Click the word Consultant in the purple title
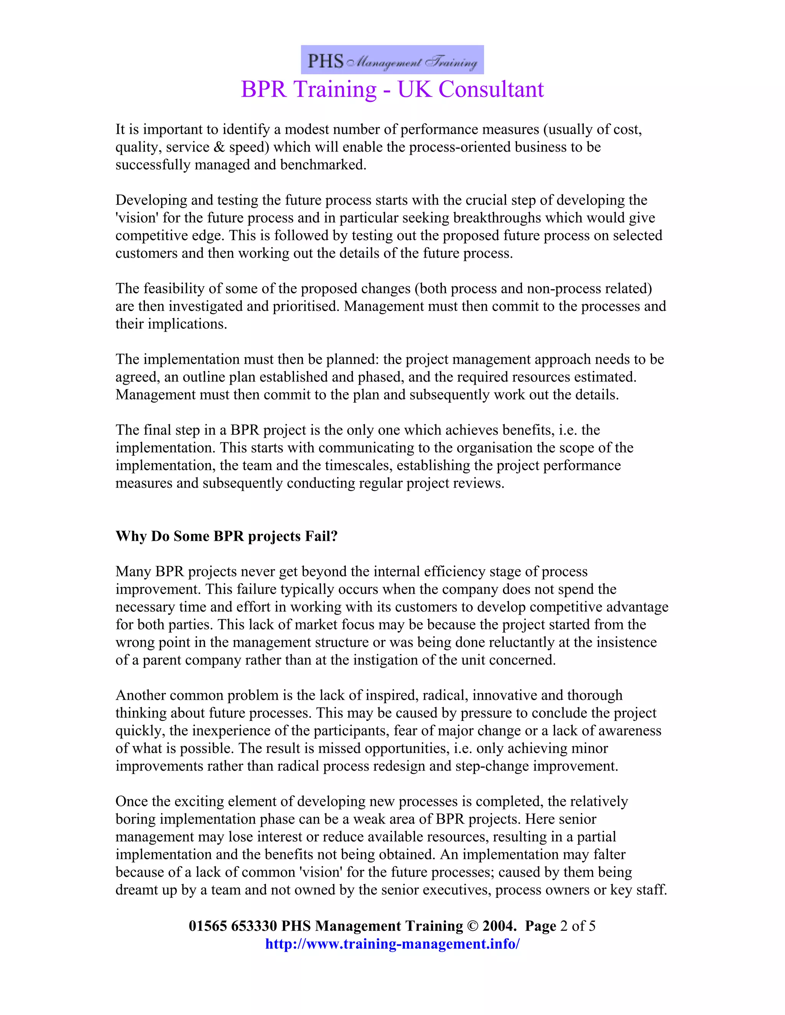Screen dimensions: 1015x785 [491, 89]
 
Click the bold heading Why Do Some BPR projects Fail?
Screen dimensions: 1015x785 [227, 536]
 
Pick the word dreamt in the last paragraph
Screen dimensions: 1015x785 [136, 890]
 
